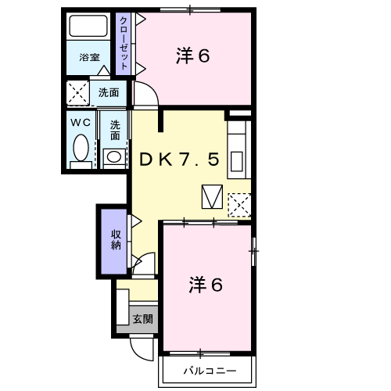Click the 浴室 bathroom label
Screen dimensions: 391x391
coord(88,58)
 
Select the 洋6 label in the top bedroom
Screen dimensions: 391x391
coord(193,56)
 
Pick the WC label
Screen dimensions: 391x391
coord(81,123)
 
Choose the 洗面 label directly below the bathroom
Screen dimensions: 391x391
coord(109,92)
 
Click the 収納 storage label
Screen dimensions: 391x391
coord(115,239)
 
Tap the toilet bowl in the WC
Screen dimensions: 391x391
coord(81,148)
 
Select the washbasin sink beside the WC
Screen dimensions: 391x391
coord(114,156)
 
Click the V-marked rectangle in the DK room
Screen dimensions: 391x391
coord(212,196)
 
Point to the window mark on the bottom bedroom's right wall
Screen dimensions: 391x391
coord(253,251)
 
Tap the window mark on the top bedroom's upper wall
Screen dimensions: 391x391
coord(190,10)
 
